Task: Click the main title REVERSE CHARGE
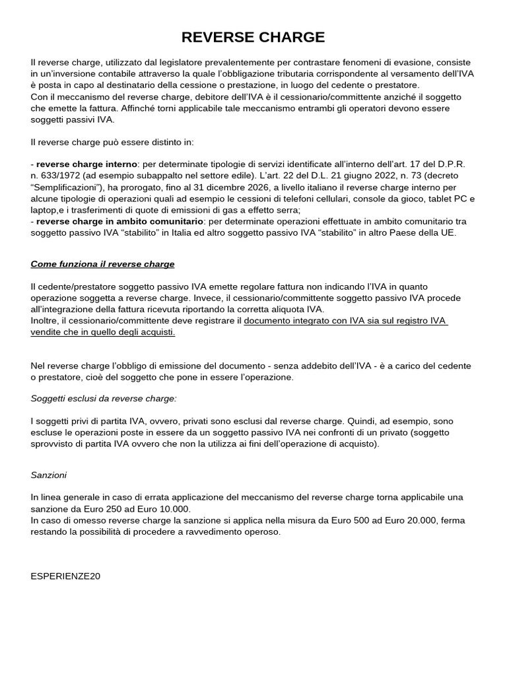click(x=253, y=36)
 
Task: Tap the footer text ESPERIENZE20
click(x=65, y=576)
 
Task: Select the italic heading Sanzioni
click(x=48, y=475)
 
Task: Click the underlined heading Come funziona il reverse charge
click(x=102, y=264)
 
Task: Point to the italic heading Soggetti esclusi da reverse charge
click(x=104, y=399)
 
